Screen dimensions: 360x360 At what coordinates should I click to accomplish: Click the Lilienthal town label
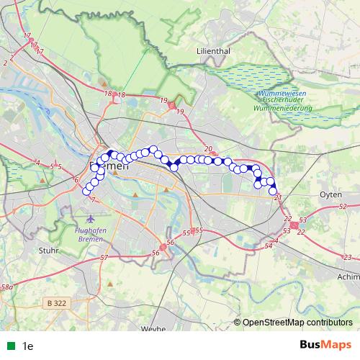pyautogui.click(x=214, y=51)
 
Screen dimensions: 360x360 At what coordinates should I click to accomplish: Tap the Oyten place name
pyautogui.click(x=330, y=194)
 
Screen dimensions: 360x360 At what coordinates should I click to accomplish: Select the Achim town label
pyautogui.click(x=347, y=275)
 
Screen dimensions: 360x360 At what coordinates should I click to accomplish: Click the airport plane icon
pyautogui.click(x=91, y=218)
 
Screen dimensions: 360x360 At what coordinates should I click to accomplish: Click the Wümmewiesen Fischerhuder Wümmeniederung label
pyautogui.click(x=282, y=103)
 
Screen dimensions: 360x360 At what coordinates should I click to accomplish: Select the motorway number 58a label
pyautogui.click(x=6, y=287)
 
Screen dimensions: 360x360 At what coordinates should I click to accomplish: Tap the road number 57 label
pyautogui.click(x=104, y=257)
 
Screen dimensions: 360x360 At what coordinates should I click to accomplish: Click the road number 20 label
pyautogui.click(x=208, y=149)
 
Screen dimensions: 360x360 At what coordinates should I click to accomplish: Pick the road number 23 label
pyautogui.click(x=348, y=257)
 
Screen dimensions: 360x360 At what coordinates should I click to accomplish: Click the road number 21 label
pyautogui.click(x=278, y=197)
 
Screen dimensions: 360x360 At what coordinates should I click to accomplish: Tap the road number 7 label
pyautogui.click(x=92, y=199)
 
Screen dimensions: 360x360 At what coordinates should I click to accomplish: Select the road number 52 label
pyautogui.click(x=341, y=207)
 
